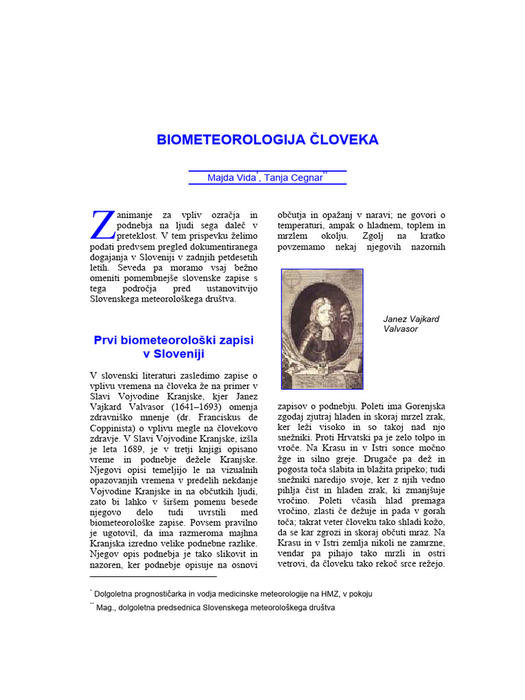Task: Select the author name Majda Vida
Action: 231,178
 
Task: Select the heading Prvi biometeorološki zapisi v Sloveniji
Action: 174,347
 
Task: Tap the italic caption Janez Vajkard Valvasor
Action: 411,323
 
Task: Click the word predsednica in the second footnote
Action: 171,607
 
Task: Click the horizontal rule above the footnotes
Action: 153,576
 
